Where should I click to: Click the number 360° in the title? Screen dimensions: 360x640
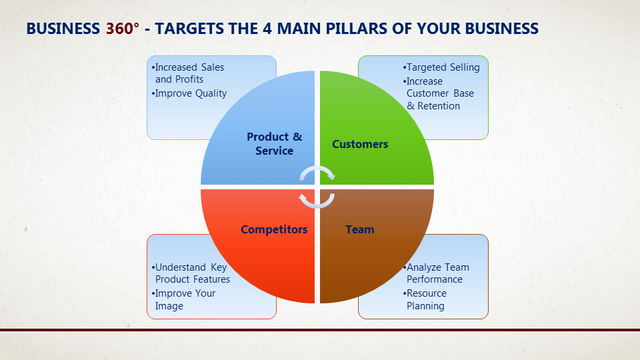click(123, 29)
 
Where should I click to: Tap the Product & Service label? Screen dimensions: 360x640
click(274, 143)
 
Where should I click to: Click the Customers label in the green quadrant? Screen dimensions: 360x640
click(360, 144)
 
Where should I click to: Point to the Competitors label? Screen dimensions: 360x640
click(274, 229)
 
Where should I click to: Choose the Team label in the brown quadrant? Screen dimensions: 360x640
click(359, 229)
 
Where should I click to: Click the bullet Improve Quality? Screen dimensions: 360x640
click(190, 93)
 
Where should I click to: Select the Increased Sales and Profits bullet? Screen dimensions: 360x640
click(188, 73)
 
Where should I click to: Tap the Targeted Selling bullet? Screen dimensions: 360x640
click(441, 67)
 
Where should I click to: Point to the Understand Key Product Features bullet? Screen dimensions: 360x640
click(191, 273)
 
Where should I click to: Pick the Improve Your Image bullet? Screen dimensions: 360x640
click(184, 299)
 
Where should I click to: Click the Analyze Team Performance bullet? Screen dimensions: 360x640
click(437, 273)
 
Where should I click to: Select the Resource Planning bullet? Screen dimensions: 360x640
click(426, 299)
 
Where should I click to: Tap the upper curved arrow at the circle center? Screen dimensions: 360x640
click(317, 173)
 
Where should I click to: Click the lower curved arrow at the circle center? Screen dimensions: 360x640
click(317, 200)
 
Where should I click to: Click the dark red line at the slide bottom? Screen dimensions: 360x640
click(320, 329)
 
